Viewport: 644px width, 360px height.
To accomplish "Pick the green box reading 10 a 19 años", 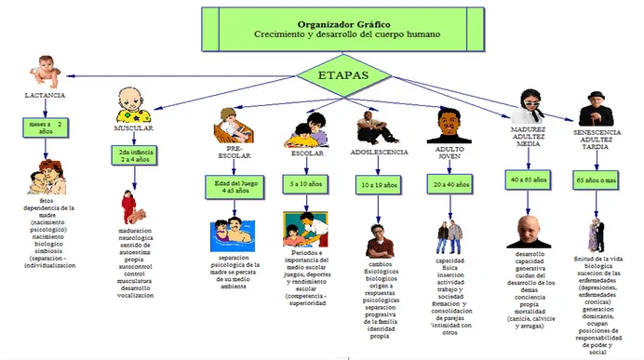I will pos(377,185).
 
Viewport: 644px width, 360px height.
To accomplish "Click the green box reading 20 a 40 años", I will pos(449,185).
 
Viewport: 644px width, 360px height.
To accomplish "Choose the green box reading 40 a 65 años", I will pos(528,177).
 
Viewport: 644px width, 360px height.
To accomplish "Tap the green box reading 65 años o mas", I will pos(598,177).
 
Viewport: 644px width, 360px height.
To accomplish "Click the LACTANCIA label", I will pos(44,95).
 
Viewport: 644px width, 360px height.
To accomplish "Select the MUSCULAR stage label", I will pos(133,127).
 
